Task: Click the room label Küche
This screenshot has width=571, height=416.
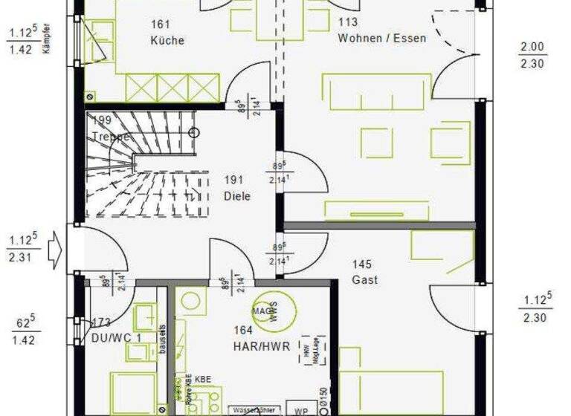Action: point(167,40)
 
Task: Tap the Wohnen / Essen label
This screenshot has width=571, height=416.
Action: point(381,37)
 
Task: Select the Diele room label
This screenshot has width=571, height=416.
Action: point(237,196)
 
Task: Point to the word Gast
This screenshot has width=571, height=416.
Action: point(364,280)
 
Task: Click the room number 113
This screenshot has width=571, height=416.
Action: point(348,22)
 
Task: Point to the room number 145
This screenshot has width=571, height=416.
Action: point(362,264)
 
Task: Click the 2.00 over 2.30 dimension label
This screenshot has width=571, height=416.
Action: point(532,56)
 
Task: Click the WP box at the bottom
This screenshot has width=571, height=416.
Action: point(301,410)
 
